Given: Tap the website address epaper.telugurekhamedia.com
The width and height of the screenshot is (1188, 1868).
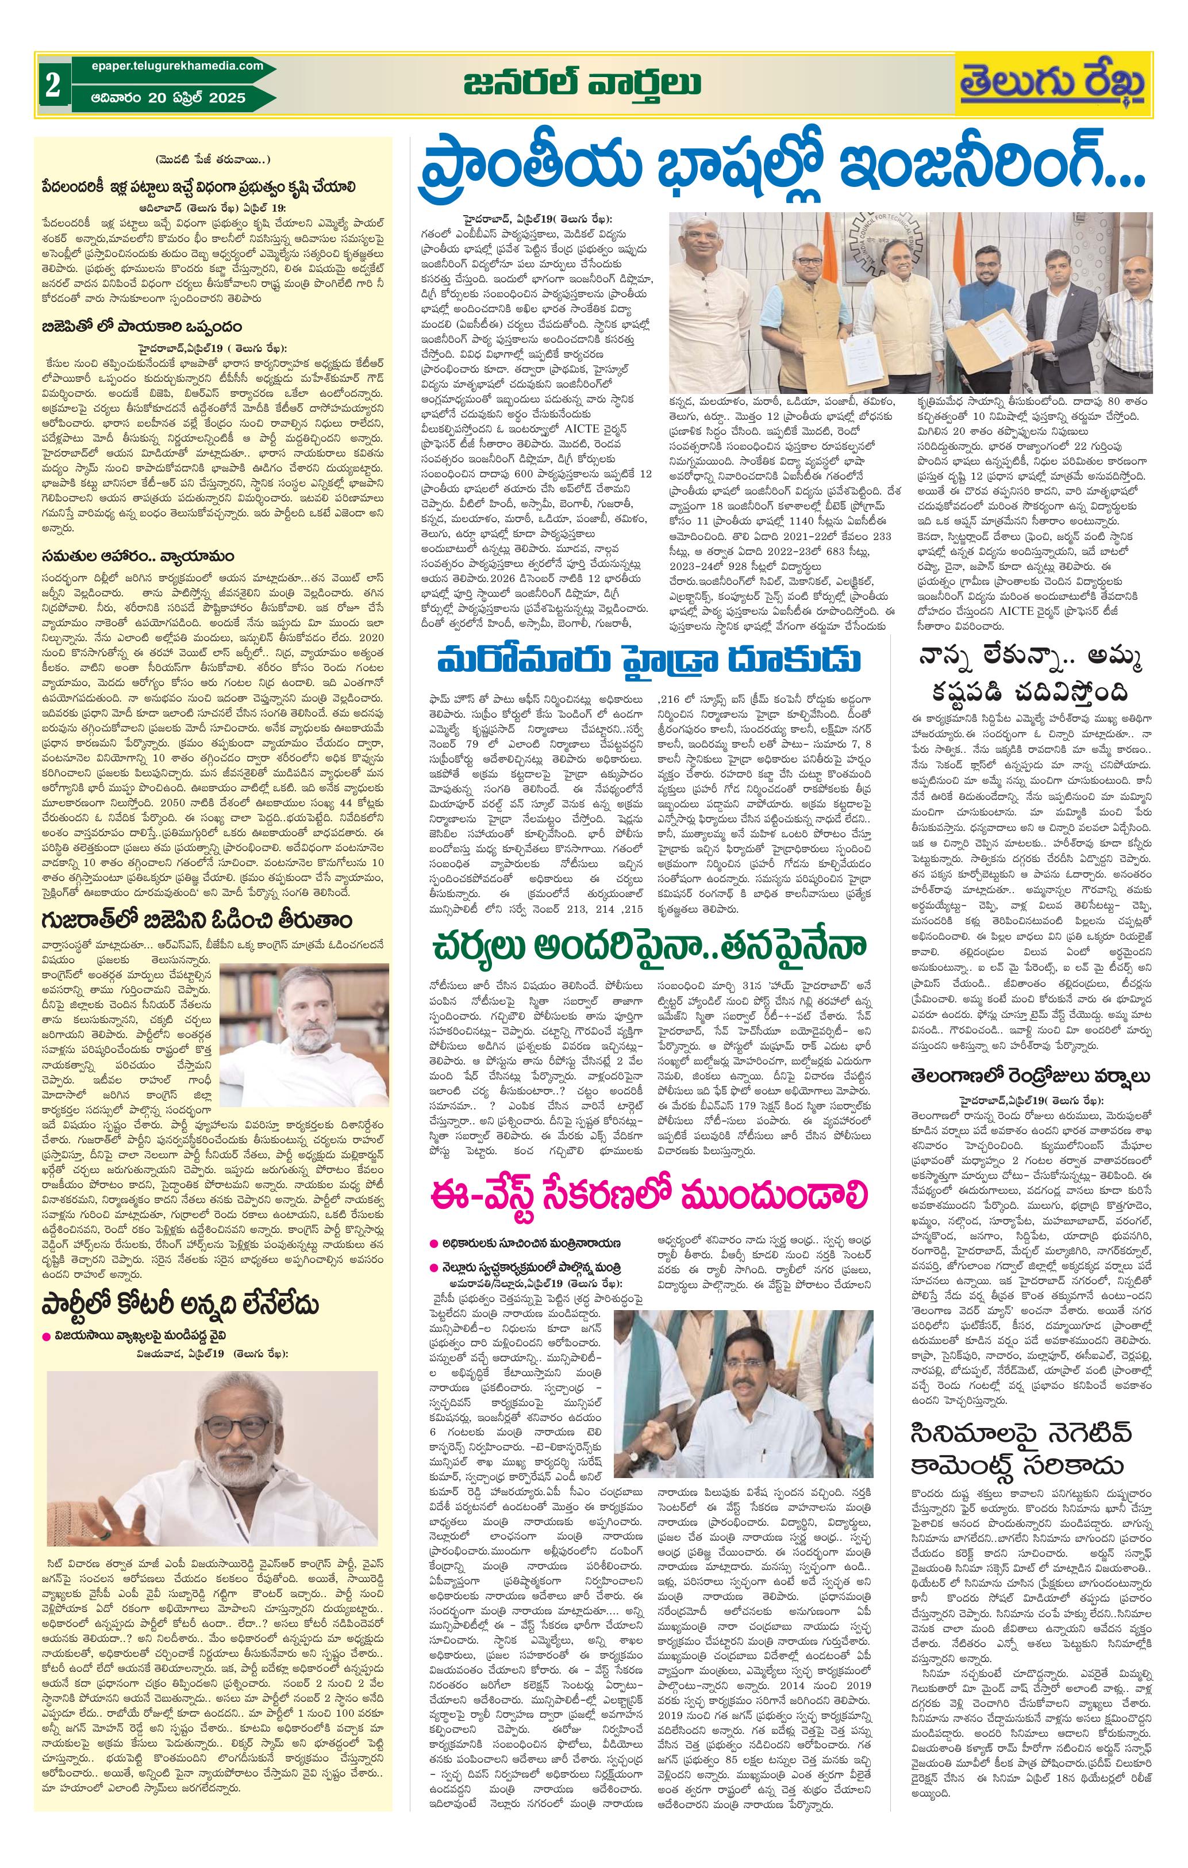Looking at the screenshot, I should (x=167, y=67).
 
